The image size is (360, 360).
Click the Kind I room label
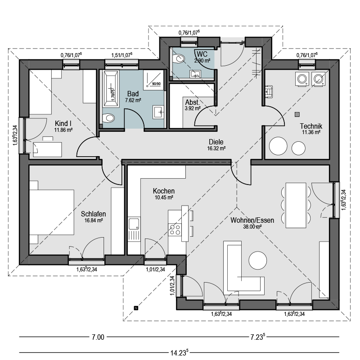61,123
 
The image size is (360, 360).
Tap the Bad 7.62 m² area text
133,100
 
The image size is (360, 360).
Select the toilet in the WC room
179,58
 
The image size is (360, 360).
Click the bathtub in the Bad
111,89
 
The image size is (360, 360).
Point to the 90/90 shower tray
153,80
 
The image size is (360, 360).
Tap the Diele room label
216,142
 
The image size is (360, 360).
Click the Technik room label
311,126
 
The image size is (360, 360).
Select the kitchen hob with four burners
175,230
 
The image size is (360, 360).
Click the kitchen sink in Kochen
134,224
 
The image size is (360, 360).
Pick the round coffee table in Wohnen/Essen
258,261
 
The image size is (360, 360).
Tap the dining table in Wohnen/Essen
296,205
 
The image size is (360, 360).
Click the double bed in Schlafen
52,212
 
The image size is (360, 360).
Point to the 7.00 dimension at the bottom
98,337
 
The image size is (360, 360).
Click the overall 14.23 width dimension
179,352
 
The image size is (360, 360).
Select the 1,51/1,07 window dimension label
121,55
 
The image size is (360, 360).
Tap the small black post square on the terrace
136,308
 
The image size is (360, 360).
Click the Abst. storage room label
193,102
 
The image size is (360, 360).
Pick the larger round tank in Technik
278,146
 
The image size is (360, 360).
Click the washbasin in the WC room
195,74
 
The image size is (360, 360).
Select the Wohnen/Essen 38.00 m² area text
252,227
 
